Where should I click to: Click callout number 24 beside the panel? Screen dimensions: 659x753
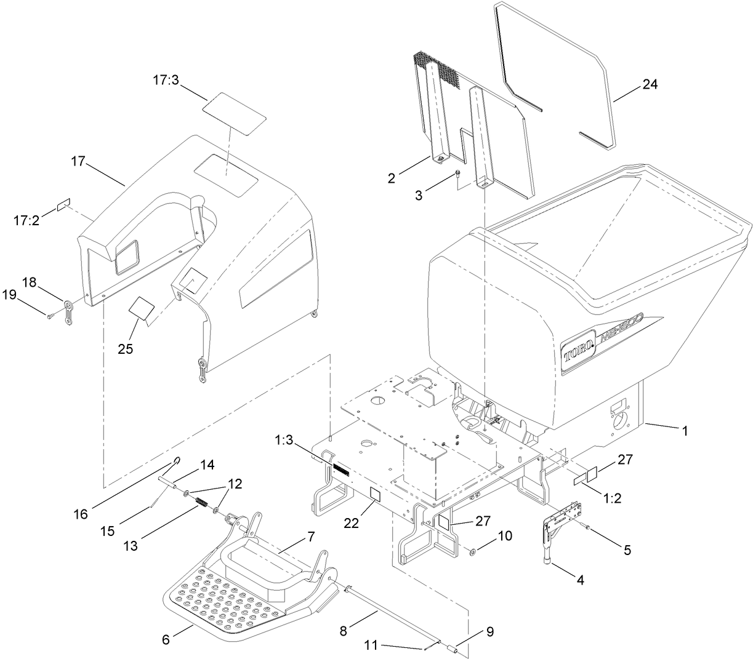[x=650, y=84]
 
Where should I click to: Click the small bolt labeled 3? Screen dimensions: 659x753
[x=459, y=175]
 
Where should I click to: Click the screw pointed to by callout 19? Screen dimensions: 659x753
[x=50, y=316]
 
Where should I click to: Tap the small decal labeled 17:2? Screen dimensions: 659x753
[x=64, y=204]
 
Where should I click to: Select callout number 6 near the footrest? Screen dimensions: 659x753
[x=166, y=640]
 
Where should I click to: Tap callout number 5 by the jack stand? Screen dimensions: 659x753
[x=627, y=550]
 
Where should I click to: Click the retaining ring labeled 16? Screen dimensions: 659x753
[x=177, y=460]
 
